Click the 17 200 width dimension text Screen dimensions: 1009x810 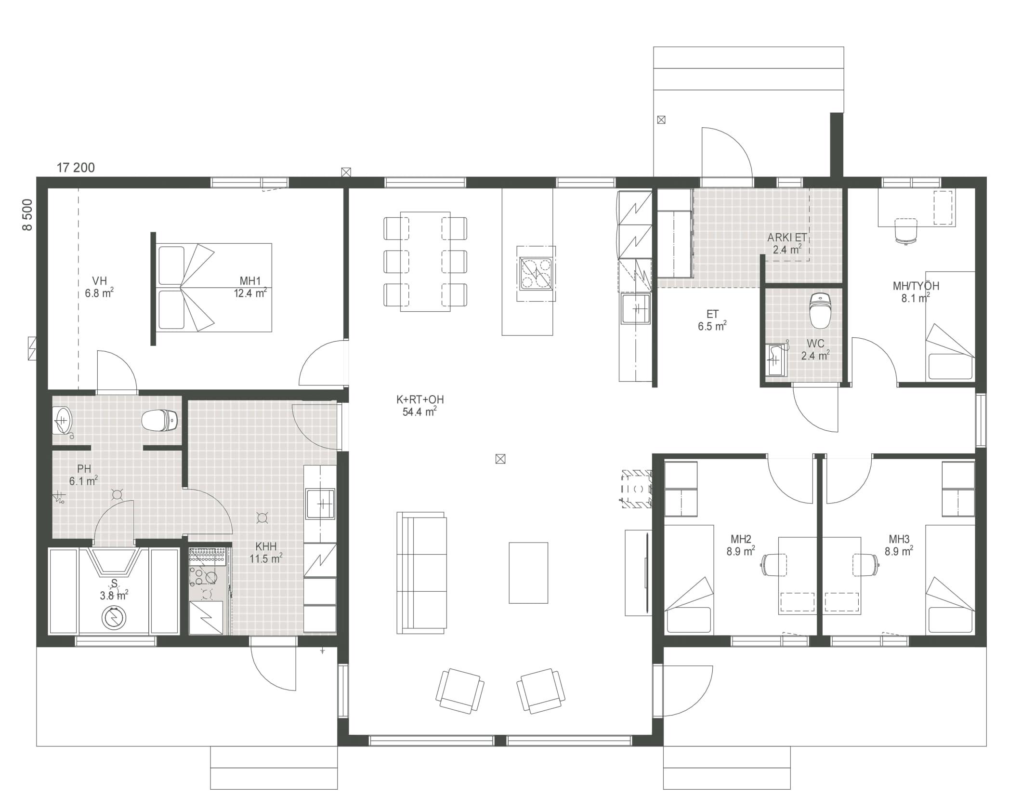(76, 168)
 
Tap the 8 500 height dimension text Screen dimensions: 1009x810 (28, 215)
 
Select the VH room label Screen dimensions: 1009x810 (99, 280)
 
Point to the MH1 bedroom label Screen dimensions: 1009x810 (250, 281)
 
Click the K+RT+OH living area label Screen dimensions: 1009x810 (420, 399)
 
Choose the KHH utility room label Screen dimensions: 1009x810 (266, 546)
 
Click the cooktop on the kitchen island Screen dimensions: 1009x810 (536, 273)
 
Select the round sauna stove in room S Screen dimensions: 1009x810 (114, 618)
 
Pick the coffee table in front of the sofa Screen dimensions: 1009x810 (528, 572)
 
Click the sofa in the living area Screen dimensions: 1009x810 (421, 572)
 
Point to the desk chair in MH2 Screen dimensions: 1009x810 (774, 565)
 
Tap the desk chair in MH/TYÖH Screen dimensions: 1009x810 (906, 231)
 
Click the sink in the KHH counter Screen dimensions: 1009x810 (321, 504)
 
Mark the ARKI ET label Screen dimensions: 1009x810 (787, 238)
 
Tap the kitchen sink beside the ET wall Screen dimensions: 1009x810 (635, 308)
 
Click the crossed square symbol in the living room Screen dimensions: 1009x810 (500, 459)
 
